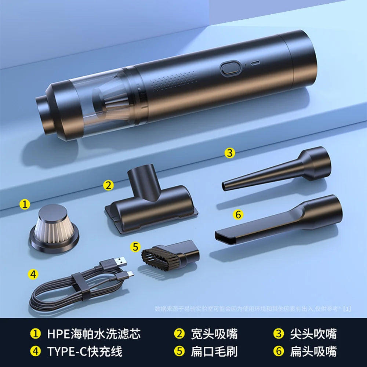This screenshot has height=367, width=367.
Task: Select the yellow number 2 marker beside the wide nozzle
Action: (108, 185)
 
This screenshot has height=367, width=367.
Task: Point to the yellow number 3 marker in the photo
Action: (230, 153)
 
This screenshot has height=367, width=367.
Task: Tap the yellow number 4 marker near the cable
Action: (33, 274)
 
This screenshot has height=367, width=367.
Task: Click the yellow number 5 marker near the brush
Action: (136, 247)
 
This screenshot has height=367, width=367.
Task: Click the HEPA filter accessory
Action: (54, 228)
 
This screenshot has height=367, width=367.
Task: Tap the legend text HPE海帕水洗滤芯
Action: (94, 334)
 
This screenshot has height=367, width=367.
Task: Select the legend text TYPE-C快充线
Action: (84, 351)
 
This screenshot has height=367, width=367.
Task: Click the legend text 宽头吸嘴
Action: (214, 334)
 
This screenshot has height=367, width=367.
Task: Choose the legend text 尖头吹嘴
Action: (313, 334)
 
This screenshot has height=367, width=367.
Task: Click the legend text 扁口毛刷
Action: (214, 351)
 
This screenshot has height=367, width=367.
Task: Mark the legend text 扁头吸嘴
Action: (313, 351)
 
